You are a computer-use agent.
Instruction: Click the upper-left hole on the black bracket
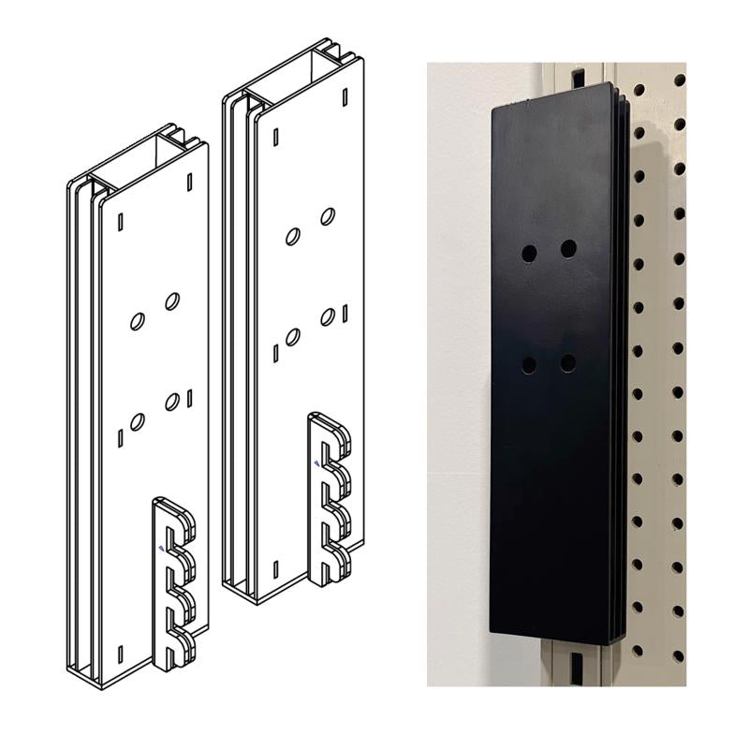529,253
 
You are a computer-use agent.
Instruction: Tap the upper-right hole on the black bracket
568,248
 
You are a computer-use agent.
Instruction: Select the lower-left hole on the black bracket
529,365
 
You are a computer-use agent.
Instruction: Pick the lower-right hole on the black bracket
568,362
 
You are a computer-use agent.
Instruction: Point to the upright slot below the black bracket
578,667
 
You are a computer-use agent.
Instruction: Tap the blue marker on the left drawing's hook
162,550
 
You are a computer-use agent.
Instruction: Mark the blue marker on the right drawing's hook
317,463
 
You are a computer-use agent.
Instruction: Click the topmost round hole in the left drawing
172,301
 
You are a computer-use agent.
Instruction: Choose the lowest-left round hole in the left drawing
138,421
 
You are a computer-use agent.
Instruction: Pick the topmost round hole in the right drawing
328,216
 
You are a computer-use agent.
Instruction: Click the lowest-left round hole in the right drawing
293,336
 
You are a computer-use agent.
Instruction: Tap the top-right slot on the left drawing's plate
189,182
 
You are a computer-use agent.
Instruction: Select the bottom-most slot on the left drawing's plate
121,653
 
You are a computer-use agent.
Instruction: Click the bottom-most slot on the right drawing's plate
276,568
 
